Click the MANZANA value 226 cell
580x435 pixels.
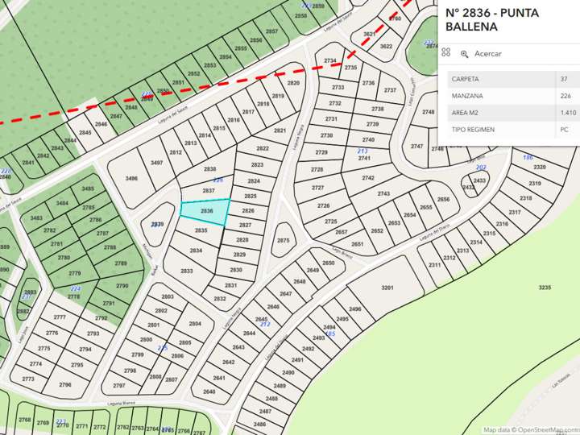click(565, 96)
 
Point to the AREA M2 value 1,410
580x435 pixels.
click(567, 113)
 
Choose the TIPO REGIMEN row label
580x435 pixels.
click(473, 130)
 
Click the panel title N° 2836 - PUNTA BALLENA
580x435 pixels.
click(482, 19)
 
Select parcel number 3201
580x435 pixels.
click(387, 288)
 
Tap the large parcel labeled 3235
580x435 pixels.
click(545, 288)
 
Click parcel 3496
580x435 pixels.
click(132, 179)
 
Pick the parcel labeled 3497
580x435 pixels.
click(156, 163)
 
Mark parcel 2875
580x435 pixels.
click(283, 241)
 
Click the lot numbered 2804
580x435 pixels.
click(194, 324)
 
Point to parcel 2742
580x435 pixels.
click(368, 178)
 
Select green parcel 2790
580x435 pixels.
click(122, 286)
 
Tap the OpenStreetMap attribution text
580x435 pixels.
click(531, 430)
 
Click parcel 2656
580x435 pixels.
click(443, 200)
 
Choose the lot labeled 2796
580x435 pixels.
click(65, 385)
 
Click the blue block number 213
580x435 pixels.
click(362, 151)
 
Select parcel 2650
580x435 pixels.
click(328, 263)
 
